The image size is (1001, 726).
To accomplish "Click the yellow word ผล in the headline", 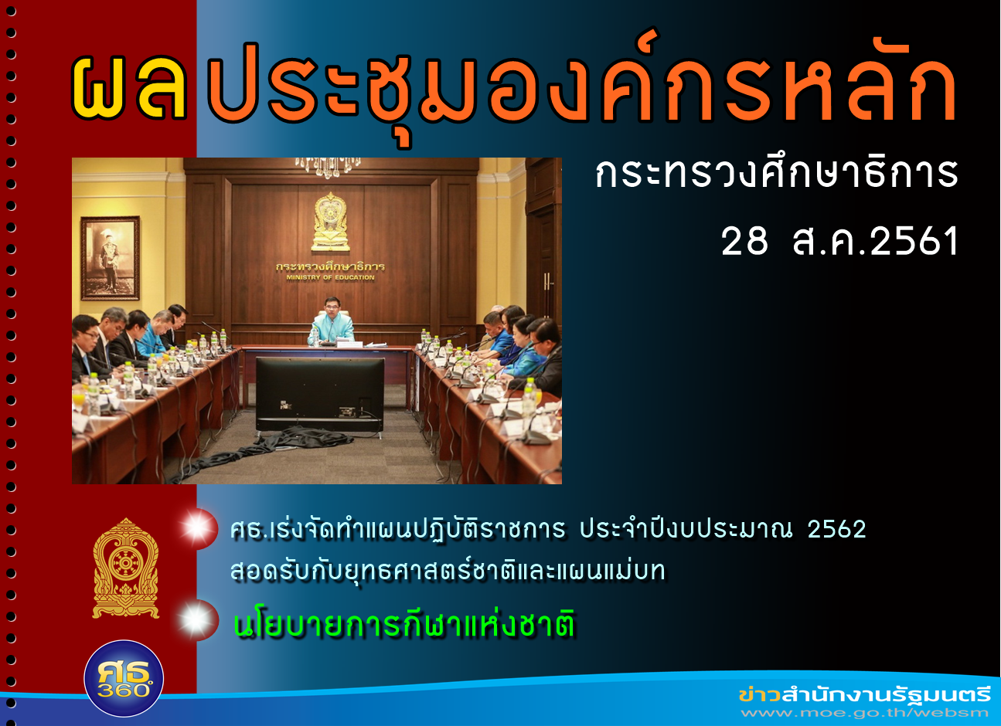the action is coord(129,88).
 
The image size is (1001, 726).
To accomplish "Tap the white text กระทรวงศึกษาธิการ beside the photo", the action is coord(777,173).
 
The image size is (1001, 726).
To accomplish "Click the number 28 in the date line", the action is coord(744,241).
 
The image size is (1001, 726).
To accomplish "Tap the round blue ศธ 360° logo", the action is coord(124,679).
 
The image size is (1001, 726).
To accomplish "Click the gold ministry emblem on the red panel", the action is coord(126,568).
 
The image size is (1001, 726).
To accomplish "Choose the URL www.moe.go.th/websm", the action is coord(864,713).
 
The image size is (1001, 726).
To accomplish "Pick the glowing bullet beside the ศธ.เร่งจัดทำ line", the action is coord(198,529).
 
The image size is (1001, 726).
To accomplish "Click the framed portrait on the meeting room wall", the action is coord(111,258).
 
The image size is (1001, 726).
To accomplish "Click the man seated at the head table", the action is coord(331,322).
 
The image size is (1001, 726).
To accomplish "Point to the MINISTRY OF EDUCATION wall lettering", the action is coord(330,278).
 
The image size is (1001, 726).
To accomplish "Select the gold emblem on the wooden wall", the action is coord(330,222).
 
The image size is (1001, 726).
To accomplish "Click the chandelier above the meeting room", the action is coord(329,167).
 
